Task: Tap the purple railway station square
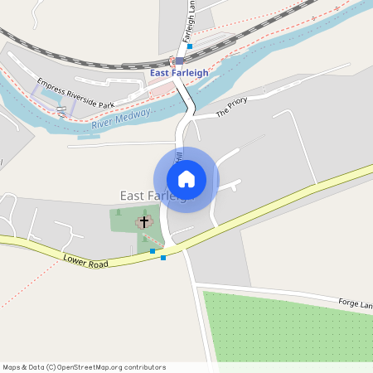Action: point(179,61)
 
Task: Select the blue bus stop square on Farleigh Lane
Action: point(190,46)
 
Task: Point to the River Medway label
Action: point(121,118)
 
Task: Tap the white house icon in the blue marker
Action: point(186,179)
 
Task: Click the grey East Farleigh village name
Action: point(154,196)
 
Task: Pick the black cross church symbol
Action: point(144,221)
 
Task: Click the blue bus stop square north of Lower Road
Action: point(153,250)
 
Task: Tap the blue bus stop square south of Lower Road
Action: point(162,258)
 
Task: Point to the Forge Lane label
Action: point(355,304)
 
